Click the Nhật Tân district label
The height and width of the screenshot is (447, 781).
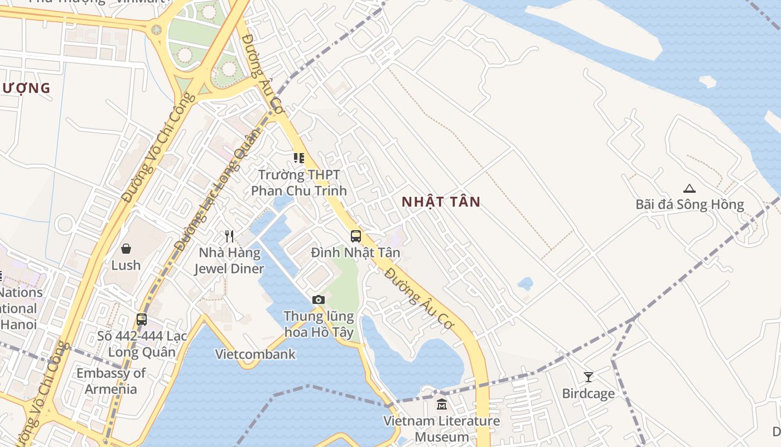pyautogui.click(x=441, y=202)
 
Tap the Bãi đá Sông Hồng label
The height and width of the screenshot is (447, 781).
pyautogui.click(x=690, y=205)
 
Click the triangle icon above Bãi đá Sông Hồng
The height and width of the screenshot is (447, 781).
pyautogui.click(x=690, y=189)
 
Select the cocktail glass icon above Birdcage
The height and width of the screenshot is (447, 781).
pyautogui.click(x=588, y=377)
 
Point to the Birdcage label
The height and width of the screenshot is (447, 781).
pyautogui.click(x=588, y=393)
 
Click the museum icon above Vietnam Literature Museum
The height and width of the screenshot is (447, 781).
pyautogui.click(x=442, y=404)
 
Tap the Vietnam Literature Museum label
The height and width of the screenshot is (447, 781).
pyautogui.click(x=442, y=429)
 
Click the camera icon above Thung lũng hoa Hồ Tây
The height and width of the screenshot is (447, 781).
pyautogui.click(x=319, y=300)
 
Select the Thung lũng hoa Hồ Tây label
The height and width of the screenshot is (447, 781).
pyautogui.click(x=319, y=325)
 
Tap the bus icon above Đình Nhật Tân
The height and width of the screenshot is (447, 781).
pyautogui.click(x=356, y=236)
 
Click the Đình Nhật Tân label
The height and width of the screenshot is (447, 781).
pyautogui.click(x=356, y=253)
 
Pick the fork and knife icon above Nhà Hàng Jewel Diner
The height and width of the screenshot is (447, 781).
pyautogui.click(x=229, y=236)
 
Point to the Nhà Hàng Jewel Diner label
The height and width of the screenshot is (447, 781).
pyautogui.click(x=229, y=260)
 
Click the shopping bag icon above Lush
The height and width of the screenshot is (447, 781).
pyautogui.click(x=126, y=249)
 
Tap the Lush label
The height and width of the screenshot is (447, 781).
pyautogui.click(x=126, y=265)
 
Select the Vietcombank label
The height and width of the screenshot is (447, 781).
pyautogui.click(x=255, y=354)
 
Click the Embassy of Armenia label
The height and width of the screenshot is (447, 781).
pyautogui.click(x=111, y=381)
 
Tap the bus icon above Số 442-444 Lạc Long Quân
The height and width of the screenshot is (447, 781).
pyautogui.click(x=142, y=320)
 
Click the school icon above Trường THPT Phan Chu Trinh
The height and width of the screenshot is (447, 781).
pyautogui.click(x=299, y=158)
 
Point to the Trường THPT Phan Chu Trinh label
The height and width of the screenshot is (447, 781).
pyautogui.click(x=299, y=183)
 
